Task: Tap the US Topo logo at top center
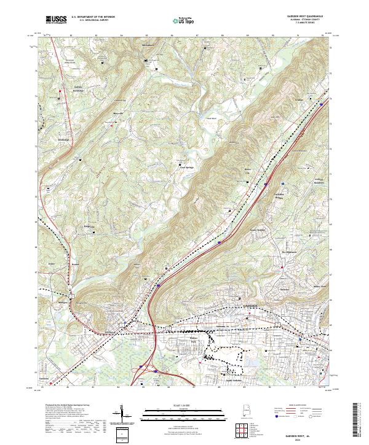coord(183,20)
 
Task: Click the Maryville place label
coord(117,114)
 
